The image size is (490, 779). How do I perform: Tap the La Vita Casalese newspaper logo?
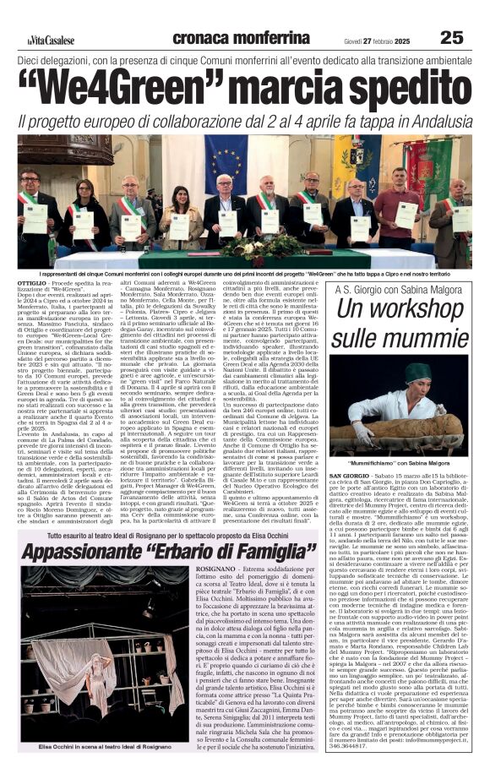click(49, 40)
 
